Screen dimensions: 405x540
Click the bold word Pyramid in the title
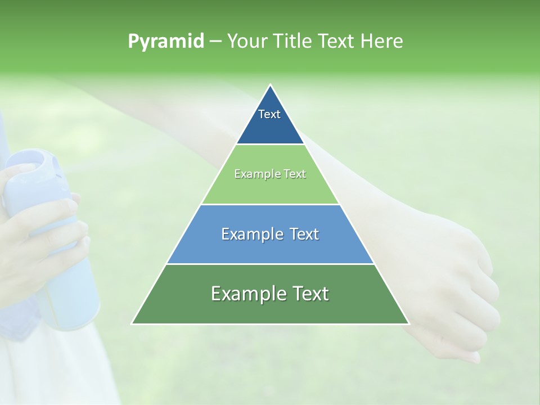click(x=166, y=42)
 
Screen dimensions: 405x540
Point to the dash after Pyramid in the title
click(x=215, y=42)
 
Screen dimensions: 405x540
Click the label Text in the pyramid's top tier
click(x=269, y=114)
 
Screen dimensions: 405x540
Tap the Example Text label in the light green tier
click(x=270, y=174)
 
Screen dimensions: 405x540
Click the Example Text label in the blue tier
click(x=270, y=234)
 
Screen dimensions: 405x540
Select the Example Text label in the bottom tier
click(x=270, y=294)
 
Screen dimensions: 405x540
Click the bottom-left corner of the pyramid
click(x=133, y=323)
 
